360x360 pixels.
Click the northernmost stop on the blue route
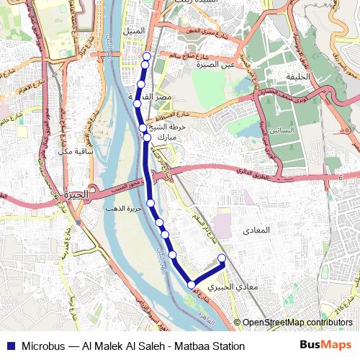[147, 56]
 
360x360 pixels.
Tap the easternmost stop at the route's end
[222, 258]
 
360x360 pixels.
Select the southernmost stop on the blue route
[192, 285]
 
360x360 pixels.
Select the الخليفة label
[297, 76]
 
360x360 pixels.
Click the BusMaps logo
[325, 345]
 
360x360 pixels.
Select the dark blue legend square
[9, 346]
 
